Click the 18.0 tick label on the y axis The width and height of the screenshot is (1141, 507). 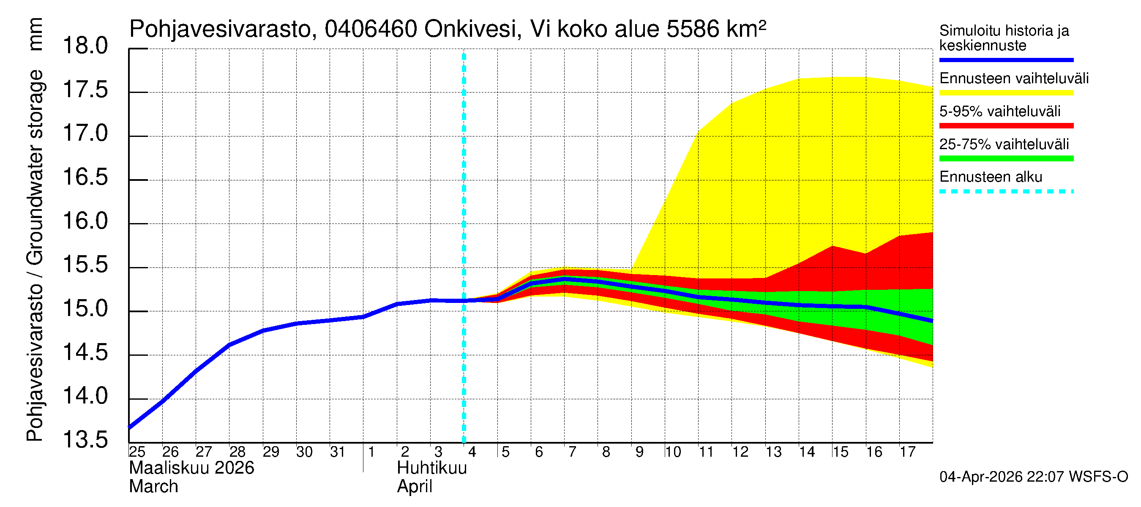(x=85, y=46)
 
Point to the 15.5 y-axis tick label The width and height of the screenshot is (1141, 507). (x=85, y=265)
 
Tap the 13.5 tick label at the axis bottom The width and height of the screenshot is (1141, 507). (x=85, y=440)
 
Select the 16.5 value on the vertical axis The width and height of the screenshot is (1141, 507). (x=85, y=177)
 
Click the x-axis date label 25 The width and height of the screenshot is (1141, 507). (x=137, y=452)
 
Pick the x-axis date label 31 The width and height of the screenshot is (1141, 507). (x=338, y=452)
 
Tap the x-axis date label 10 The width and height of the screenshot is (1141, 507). (x=672, y=452)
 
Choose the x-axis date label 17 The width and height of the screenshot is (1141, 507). (x=907, y=452)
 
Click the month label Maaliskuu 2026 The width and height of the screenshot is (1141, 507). (x=191, y=468)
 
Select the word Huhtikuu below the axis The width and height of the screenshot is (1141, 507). (x=431, y=468)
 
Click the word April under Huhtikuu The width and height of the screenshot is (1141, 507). (x=414, y=487)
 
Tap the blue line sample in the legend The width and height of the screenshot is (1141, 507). (x=1006, y=60)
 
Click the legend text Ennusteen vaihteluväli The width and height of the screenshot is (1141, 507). (x=1013, y=79)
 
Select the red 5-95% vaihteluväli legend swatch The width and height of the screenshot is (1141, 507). (x=1006, y=126)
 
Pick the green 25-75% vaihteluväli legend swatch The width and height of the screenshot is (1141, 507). (x=1006, y=158)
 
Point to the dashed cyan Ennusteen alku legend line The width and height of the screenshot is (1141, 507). (x=1006, y=192)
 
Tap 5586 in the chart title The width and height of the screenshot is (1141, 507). (x=692, y=30)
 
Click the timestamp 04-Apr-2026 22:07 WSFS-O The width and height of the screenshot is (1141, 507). (x=1033, y=477)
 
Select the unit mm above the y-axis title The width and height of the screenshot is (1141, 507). (x=35, y=35)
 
